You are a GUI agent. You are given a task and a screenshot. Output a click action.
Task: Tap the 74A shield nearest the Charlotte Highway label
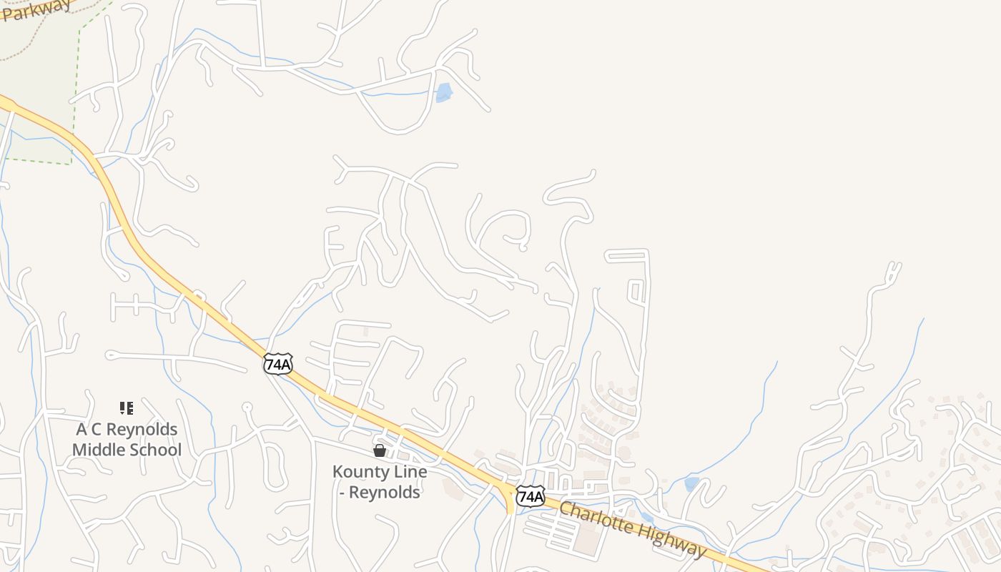[x=530, y=495]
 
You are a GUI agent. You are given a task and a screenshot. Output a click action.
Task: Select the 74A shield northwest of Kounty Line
[x=277, y=364]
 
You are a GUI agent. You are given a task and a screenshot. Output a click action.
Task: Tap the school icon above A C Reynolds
[x=127, y=408]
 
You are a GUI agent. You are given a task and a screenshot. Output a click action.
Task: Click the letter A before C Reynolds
[x=82, y=430]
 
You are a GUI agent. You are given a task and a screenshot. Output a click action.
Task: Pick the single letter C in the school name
[x=97, y=430]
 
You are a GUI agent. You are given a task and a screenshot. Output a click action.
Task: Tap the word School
[x=157, y=450]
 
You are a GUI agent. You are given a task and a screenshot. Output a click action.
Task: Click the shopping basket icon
[x=380, y=450]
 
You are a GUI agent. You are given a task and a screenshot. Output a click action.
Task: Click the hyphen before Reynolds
[x=342, y=493]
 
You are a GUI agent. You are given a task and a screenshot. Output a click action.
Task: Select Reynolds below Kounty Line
[x=385, y=493]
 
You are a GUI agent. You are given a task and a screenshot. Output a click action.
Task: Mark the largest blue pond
[x=444, y=92]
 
